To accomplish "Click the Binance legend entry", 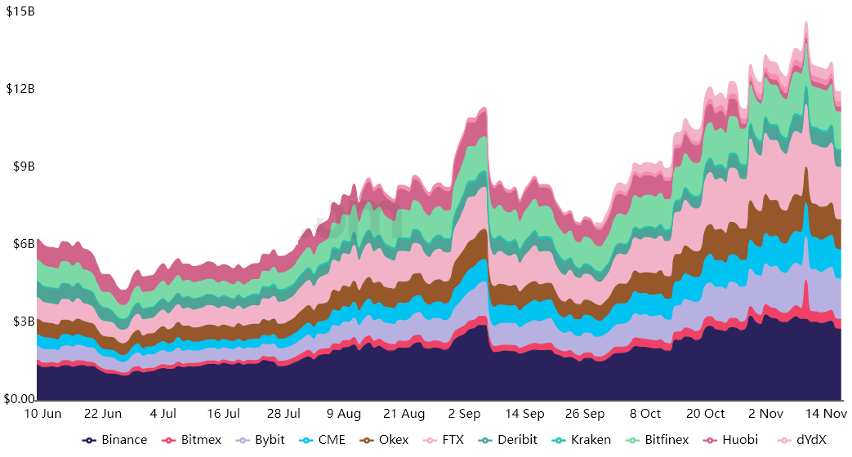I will point(115,440).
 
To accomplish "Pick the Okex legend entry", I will point(386,440).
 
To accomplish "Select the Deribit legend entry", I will point(508,440).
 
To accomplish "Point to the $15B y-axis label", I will point(20,11).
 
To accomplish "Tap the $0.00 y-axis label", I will point(20,399).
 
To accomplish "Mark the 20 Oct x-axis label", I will point(705,414).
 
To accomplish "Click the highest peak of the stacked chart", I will point(806,22).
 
